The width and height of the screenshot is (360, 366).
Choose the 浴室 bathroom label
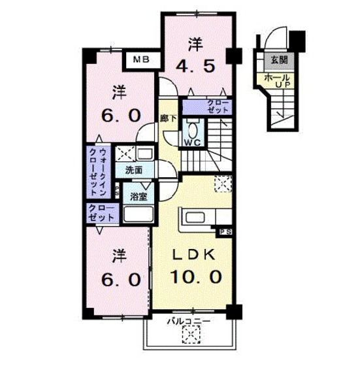click(138, 196)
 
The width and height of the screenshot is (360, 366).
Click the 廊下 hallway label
click(169, 119)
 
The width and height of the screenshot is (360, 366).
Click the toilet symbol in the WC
click(193, 127)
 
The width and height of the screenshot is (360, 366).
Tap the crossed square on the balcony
click(190, 336)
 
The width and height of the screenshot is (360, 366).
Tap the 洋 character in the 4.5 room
click(195, 44)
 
